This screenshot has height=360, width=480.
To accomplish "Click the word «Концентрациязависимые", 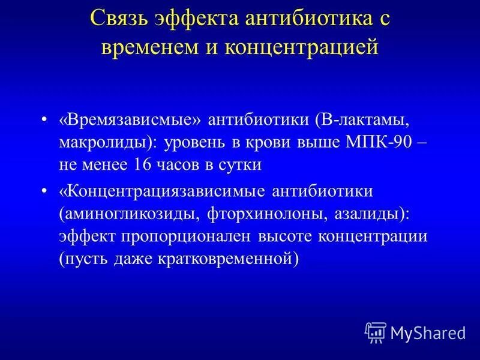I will (161, 191).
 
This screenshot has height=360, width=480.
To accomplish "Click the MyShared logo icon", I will (375, 331).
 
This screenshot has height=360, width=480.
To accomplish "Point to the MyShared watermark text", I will (428, 332).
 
